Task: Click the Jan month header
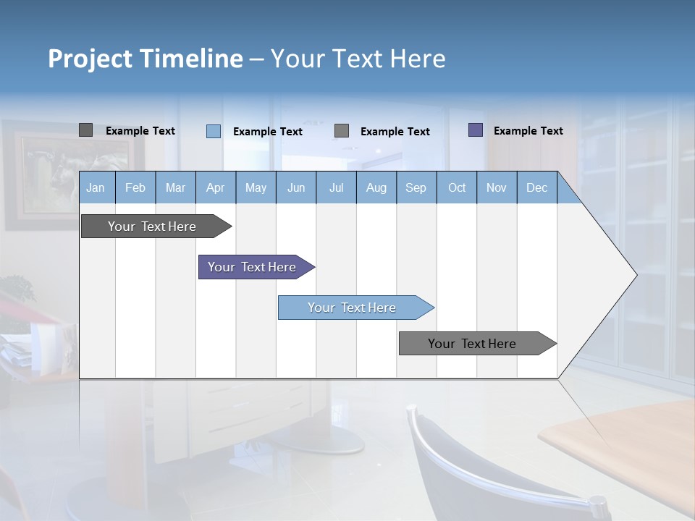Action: [96, 187]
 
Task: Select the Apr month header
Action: [215, 187]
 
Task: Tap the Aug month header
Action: [376, 187]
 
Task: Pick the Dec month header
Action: [536, 187]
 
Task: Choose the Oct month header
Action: [457, 187]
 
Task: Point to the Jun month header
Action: [295, 187]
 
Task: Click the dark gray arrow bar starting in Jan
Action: [153, 226]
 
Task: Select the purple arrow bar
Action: [253, 267]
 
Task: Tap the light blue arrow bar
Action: [353, 308]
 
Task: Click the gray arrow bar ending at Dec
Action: [473, 344]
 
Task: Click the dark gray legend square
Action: [85, 130]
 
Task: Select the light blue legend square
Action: [213, 131]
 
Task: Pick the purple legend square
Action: [475, 130]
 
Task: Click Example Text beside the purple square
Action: [528, 131]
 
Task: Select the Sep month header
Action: [416, 187]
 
